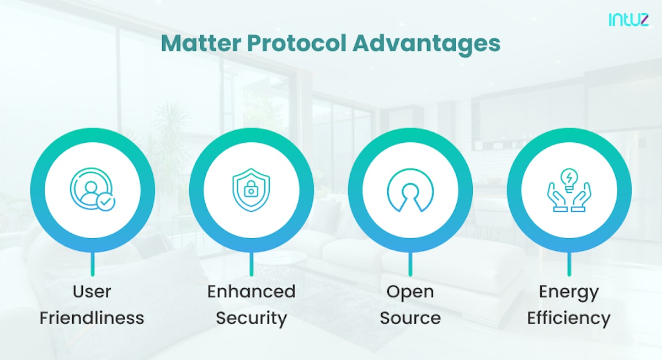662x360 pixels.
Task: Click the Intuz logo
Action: pyautogui.click(x=629, y=20)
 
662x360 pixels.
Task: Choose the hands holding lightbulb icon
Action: pyautogui.click(x=569, y=190)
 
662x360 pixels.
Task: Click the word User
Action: pyautogui.click(x=92, y=292)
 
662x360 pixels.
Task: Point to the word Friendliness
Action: pyautogui.click(x=92, y=318)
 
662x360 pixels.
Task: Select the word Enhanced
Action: pyautogui.click(x=252, y=292)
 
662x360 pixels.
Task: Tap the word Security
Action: pyautogui.click(x=252, y=318)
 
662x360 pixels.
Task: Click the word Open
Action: pyautogui.click(x=410, y=292)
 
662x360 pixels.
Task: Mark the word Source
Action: pyautogui.click(x=410, y=318)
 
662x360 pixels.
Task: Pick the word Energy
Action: pyautogui.click(x=569, y=292)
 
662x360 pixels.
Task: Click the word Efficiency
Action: pyautogui.click(x=569, y=318)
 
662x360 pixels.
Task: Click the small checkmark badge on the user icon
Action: pyautogui.click(x=105, y=202)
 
